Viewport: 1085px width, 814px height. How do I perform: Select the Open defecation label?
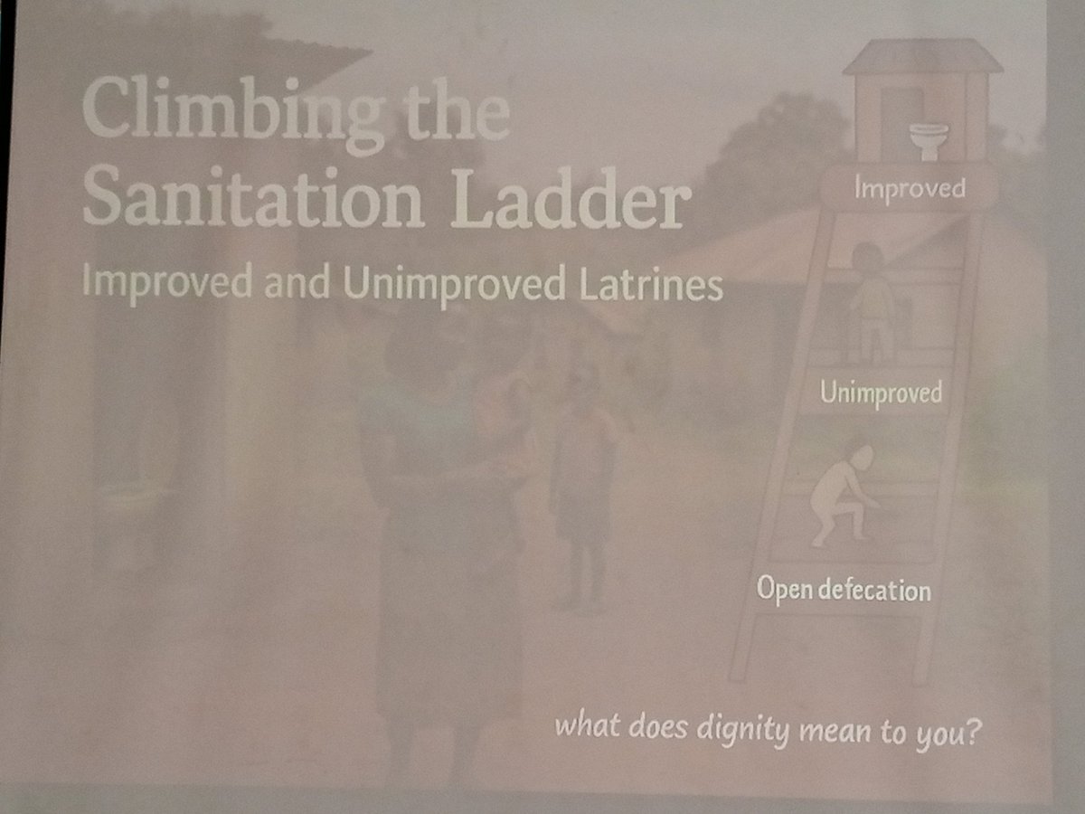(x=843, y=591)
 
